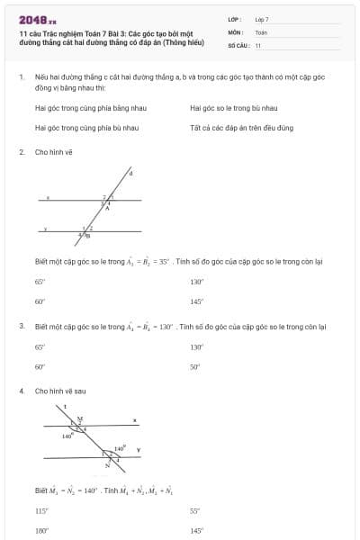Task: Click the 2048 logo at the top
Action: (37, 19)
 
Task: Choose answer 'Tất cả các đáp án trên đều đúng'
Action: (229, 128)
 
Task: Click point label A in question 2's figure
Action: (108, 207)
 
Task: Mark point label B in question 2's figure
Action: (87, 236)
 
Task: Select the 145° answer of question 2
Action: (196, 301)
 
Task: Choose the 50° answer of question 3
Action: (194, 366)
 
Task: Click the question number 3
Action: (21, 326)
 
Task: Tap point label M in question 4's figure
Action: (79, 418)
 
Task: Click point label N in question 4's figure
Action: (107, 466)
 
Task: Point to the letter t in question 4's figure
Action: (66, 407)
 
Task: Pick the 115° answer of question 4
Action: (40, 510)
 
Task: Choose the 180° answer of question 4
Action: (40, 530)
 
